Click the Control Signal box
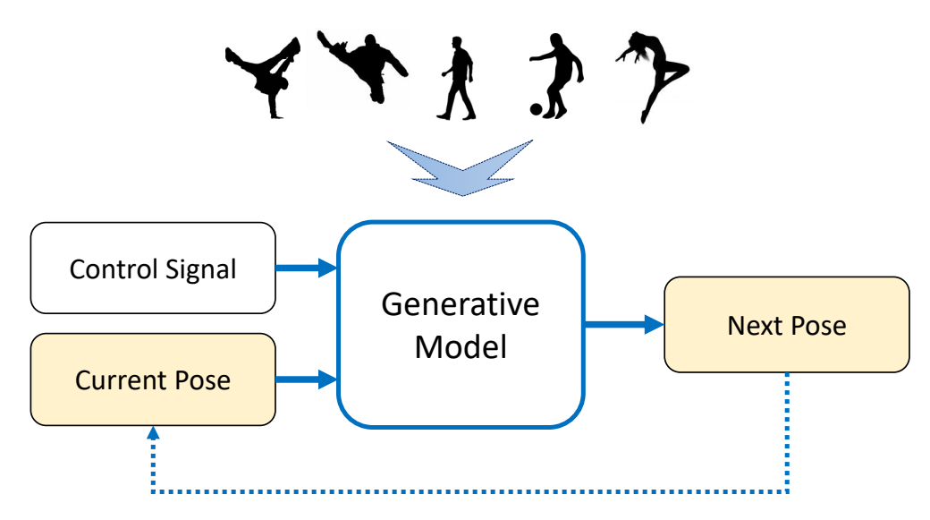coord(153,269)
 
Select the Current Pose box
coord(153,379)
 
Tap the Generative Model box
coord(461,324)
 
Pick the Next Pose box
coord(786,325)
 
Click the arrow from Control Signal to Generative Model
coord(305,267)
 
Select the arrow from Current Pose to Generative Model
coord(305,379)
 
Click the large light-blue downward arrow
coord(461,166)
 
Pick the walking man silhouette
coord(457,79)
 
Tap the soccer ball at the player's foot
coord(536,109)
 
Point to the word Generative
coord(461,304)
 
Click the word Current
coord(112,379)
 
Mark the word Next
coord(748,325)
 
